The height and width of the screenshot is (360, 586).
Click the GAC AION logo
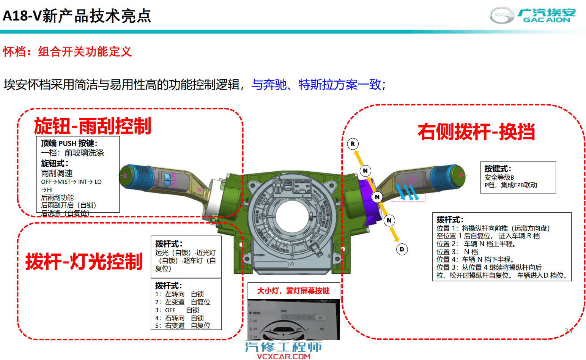click(x=533, y=16)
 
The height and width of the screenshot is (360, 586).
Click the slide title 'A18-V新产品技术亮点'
click(x=77, y=16)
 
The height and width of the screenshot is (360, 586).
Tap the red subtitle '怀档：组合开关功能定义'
click(x=67, y=52)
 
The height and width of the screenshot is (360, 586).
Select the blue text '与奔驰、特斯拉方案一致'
click(x=316, y=84)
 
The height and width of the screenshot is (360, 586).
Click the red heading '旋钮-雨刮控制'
click(x=93, y=126)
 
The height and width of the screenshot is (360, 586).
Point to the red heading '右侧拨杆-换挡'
click(x=476, y=132)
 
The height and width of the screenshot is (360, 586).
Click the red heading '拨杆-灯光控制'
click(x=84, y=262)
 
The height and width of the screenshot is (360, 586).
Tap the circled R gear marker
click(x=353, y=144)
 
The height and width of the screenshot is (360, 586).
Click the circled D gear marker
click(x=402, y=249)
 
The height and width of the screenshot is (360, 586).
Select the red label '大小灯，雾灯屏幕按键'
click(x=293, y=291)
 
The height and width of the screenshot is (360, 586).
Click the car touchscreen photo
click(x=293, y=320)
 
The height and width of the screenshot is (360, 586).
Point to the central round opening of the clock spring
click(x=293, y=216)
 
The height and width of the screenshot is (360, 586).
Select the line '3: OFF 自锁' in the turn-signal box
click(x=177, y=310)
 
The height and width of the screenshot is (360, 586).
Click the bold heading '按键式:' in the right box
click(x=498, y=169)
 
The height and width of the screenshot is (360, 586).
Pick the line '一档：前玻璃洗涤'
click(x=72, y=153)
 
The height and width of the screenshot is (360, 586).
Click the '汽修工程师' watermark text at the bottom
click(x=283, y=347)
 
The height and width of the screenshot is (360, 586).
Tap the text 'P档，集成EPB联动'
click(x=510, y=185)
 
